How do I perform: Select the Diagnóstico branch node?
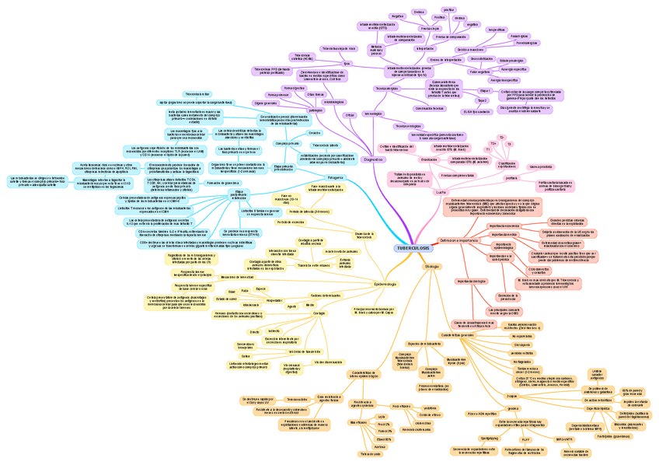point(372,159)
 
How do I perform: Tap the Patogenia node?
point(335,178)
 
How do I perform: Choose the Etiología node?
point(431,266)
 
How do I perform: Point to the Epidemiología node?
point(385,284)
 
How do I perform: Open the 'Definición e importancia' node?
point(458,240)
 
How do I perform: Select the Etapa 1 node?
point(485,91)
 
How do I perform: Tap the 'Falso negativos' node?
point(480,72)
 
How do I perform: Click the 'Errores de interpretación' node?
point(445,59)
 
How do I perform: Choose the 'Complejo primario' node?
point(287,143)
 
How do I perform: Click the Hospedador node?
point(274,299)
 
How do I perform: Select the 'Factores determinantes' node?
point(326,295)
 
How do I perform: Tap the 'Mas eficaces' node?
point(358,422)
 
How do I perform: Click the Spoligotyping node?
point(490,438)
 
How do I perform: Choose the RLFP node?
point(525,439)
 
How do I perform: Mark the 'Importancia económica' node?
point(504,226)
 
